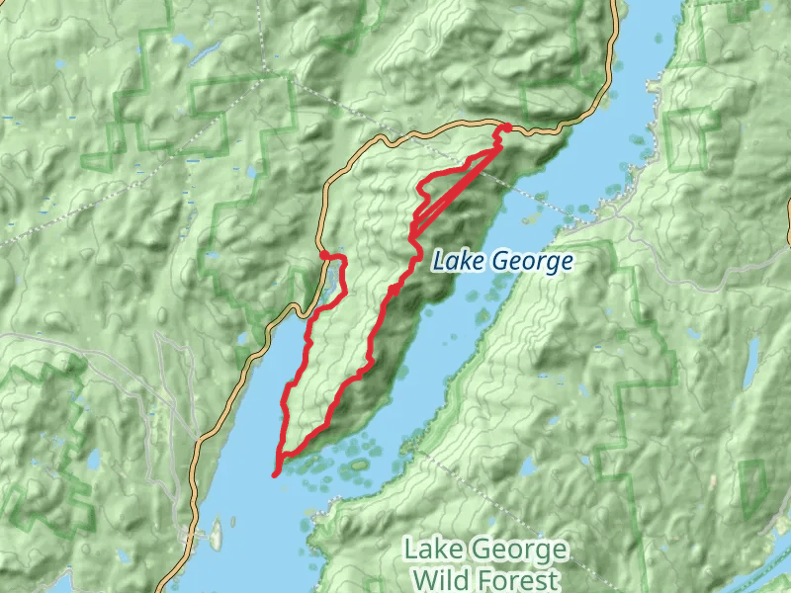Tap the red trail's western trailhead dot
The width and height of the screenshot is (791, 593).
[x=323, y=256]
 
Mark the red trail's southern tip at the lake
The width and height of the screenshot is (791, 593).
[x=275, y=474]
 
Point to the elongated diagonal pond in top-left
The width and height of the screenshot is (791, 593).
[x=208, y=54]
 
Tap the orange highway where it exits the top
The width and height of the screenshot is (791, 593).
[x=616, y=8]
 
